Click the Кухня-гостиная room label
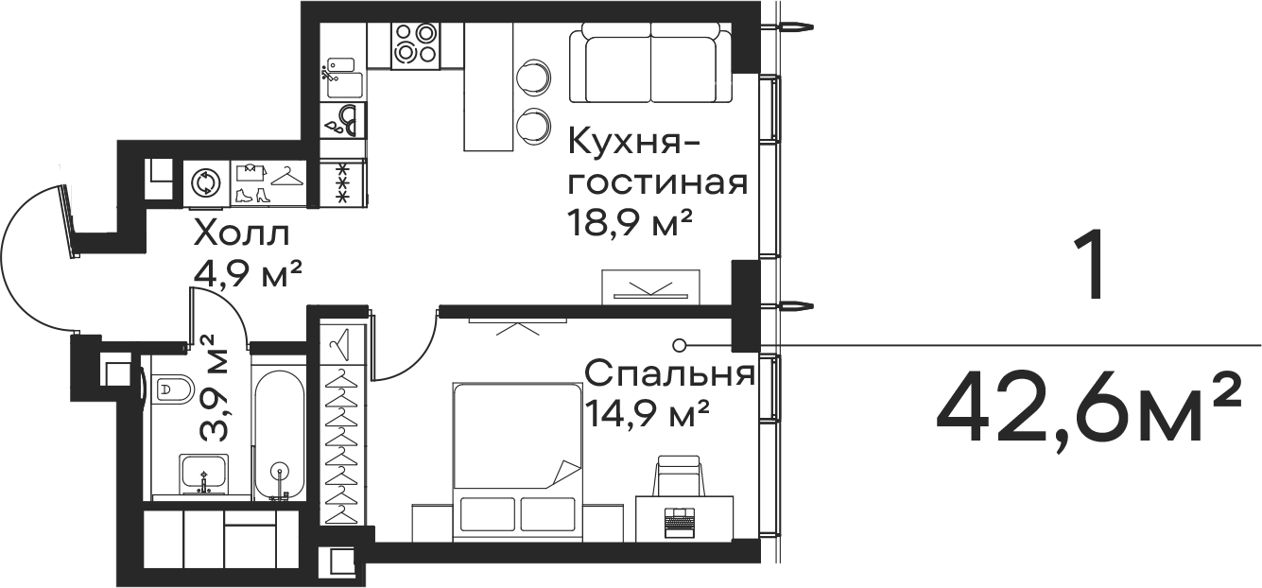[656, 162]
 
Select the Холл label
[241, 233]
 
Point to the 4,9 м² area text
[247, 273]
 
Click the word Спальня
[668, 374]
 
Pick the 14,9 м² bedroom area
[647, 413]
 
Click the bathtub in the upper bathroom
[210, 112]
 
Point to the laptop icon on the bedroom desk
[679, 518]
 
